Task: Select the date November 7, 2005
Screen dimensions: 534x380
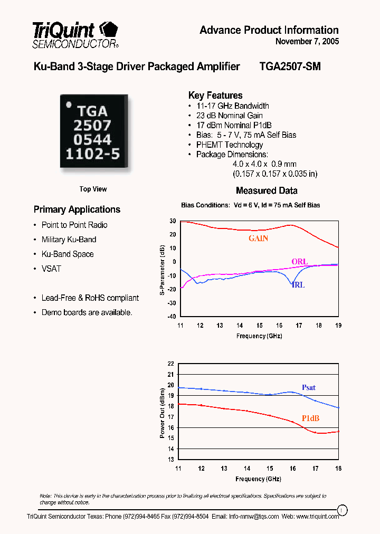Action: (x=307, y=42)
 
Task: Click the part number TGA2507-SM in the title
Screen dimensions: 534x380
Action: (x=290, y=66)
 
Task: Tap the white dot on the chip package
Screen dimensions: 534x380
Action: (x=68, y=105)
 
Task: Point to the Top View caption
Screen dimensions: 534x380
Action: (x=93, y=189)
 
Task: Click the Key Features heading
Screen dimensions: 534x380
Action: (x=215, y=96)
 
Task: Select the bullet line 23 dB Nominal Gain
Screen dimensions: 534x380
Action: (x=229, y=116)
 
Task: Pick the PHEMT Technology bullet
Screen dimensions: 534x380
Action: (x=229, y=145)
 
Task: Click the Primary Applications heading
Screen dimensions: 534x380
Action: (x=77, y=209)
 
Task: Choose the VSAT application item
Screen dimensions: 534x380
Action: (x=51, y=269)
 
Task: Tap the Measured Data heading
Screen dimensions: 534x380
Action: (x=267, y=190)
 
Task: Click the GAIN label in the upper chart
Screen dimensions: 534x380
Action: (x=259, y=239)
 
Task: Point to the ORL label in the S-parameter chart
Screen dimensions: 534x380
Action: (x=299, y=262)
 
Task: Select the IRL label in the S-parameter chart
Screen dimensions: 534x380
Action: (x=298, y=285)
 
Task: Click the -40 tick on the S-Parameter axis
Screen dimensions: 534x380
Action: (x=171, y=317)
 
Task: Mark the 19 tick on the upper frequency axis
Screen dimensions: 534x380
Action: (x=338, y=326)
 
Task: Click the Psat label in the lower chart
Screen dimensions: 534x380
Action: (x=309, y=388)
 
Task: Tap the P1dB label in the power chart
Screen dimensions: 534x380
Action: (x=310, y=418)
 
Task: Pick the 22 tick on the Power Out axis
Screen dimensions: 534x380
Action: (x=170, y=364)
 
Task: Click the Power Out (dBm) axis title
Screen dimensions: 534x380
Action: (x=163, y=413)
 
